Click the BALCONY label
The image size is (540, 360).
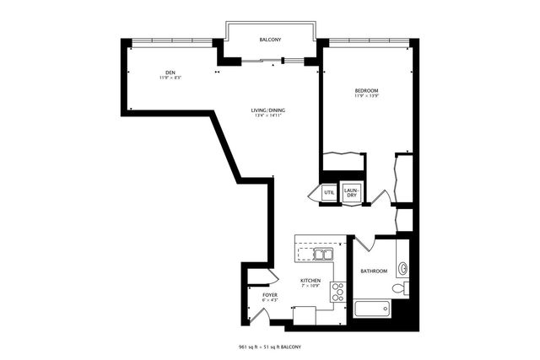coord(270,40)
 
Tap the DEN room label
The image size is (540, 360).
coord(170,72)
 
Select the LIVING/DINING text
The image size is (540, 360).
coord(267,110)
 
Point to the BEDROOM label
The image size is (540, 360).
coord(366,90)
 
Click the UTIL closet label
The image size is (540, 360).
coord(328,193)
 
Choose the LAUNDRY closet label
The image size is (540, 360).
coord(352,192)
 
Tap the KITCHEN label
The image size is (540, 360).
coord(310,280)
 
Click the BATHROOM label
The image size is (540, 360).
coord(374,271)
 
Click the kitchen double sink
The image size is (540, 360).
coord(322,253)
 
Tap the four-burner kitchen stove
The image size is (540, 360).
coord(338,292)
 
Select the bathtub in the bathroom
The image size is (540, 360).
coord(374,309)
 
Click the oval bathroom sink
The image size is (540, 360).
coord(402,269)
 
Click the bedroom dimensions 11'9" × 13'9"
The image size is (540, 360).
coord(366,96)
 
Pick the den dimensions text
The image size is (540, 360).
coord(170,78)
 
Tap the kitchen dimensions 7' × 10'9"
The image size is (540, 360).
coord(310,286)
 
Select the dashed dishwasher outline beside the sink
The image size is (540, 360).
coord(304,253)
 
